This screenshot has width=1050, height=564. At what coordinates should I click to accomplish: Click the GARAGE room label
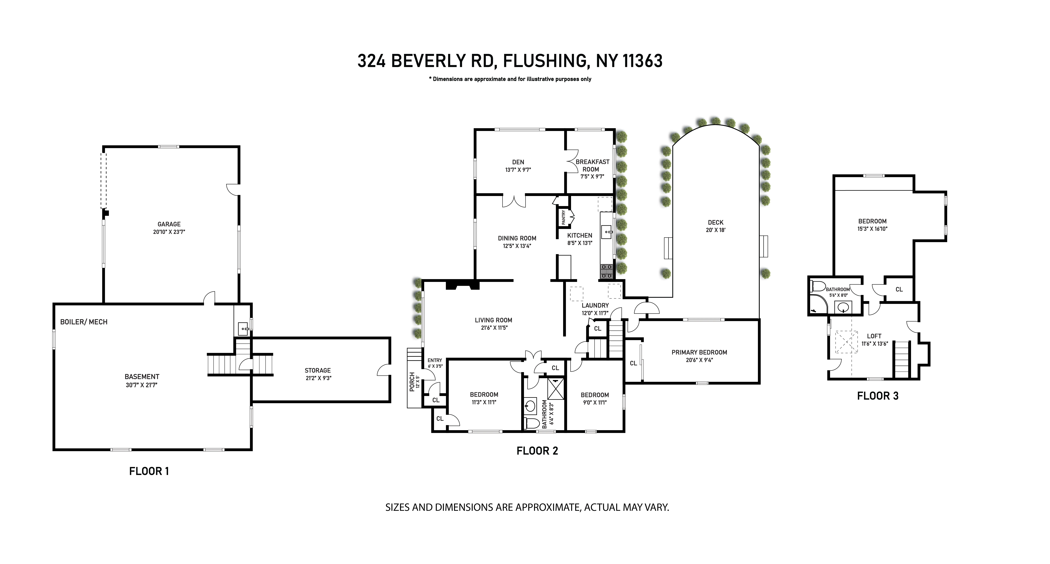click(x=169, y=224)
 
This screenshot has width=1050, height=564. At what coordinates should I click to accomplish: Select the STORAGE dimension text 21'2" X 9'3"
click(x=318, y=378)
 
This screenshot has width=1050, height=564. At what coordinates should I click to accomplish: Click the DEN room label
click(x=518, y=162)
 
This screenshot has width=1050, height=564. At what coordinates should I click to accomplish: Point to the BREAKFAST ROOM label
click(x=592, y=165)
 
